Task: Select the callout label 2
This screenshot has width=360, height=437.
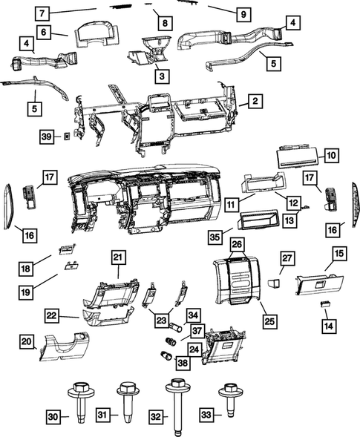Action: (x=254, y=100)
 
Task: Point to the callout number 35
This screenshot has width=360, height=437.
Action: (x=215, y=238)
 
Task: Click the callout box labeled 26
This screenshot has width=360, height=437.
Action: (x=237, y=244)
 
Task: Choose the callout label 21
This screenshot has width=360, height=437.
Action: (x=117, y=257)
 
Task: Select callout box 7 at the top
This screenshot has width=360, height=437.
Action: (x=43, y=13)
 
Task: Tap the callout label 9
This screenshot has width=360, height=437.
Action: (x=242, y=14)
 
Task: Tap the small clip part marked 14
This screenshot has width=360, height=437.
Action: (x=325, y=304)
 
